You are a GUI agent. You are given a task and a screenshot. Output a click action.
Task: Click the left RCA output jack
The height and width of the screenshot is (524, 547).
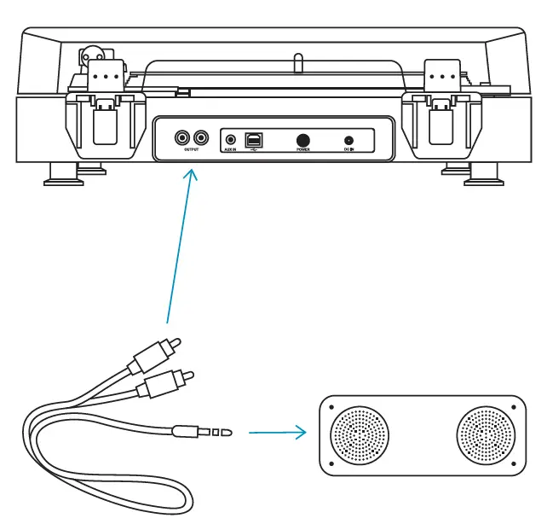point(181,137)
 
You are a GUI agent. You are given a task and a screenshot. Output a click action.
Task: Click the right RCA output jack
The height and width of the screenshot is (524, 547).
point(201,137)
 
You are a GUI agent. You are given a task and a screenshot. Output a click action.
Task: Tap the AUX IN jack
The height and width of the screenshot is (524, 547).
point(230,139)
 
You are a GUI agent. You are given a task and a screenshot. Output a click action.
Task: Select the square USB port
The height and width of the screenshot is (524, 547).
point(254,138)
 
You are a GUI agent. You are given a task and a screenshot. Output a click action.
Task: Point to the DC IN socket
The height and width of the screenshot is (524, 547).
point(348,140)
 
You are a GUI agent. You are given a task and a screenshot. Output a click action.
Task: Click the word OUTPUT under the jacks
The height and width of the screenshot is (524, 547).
point(192,150)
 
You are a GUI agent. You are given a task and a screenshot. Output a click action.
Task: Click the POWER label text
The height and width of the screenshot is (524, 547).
point(302,149)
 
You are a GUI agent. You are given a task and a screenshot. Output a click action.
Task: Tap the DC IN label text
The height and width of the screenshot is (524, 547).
point(348,150)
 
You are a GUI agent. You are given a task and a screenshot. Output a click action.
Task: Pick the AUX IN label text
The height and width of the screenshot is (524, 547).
point(230,150)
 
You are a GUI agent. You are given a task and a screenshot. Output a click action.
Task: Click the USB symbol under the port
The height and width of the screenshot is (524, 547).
point(254,150)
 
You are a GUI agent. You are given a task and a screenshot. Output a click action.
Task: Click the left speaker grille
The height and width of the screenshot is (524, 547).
point(359,434)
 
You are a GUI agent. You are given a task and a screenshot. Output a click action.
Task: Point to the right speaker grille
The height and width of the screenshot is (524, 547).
point(486,434)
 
